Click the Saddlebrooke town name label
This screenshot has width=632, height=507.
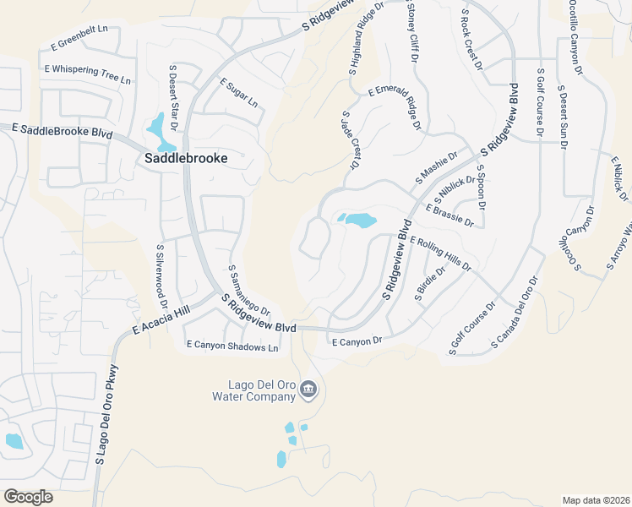185,157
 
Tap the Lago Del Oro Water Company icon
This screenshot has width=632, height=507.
308,390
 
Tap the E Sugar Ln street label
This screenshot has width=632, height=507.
238,93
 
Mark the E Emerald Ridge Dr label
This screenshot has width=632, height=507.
394,110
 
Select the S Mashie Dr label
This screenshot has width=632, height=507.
435,167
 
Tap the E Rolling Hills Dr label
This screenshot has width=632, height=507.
439,253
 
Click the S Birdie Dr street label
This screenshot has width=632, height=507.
429,282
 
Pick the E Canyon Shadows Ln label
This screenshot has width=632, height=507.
232,346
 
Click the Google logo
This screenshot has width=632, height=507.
28,497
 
